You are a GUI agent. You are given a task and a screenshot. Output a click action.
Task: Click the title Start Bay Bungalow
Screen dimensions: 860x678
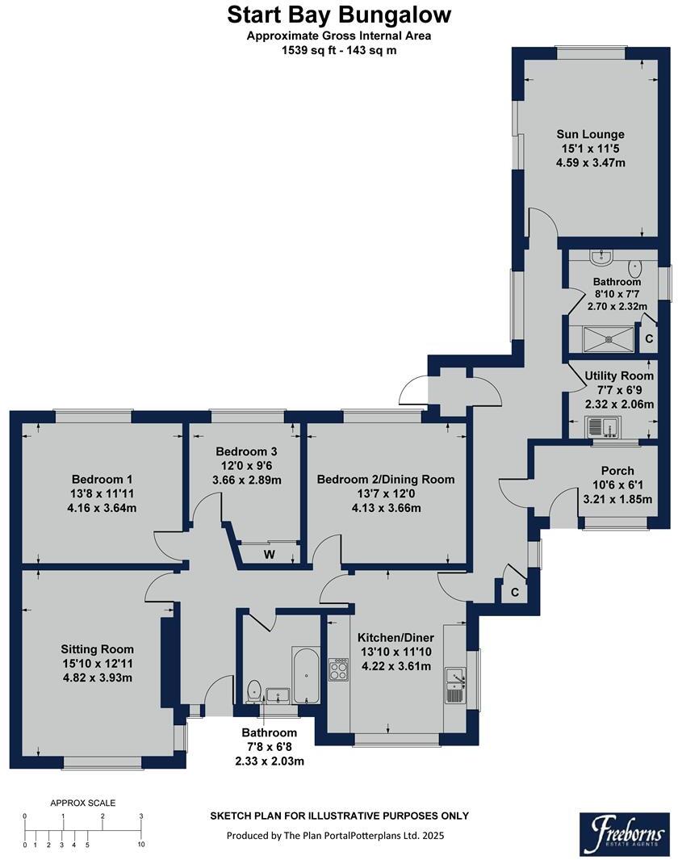point(339,15)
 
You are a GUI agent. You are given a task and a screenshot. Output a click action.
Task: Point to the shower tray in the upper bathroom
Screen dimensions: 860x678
point(604,338)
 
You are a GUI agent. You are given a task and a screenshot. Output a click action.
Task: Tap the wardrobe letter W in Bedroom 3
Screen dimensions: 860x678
point(268,555)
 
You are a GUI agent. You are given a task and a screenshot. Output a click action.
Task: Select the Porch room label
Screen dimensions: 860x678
point(617,470)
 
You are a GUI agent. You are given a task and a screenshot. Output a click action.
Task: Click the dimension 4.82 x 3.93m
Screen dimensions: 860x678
point(97,678)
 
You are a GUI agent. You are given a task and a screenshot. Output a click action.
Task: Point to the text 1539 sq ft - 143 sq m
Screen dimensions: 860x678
point(339,49)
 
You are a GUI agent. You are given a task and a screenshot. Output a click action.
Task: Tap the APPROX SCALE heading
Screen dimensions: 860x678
point(82,803)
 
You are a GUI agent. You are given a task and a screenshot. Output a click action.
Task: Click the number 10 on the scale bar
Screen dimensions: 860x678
point(140,845)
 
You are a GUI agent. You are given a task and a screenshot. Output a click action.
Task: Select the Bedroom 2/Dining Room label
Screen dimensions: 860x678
point(385,479)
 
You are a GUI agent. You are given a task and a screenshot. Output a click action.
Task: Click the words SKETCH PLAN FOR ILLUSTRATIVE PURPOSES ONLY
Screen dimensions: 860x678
point(339,816)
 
